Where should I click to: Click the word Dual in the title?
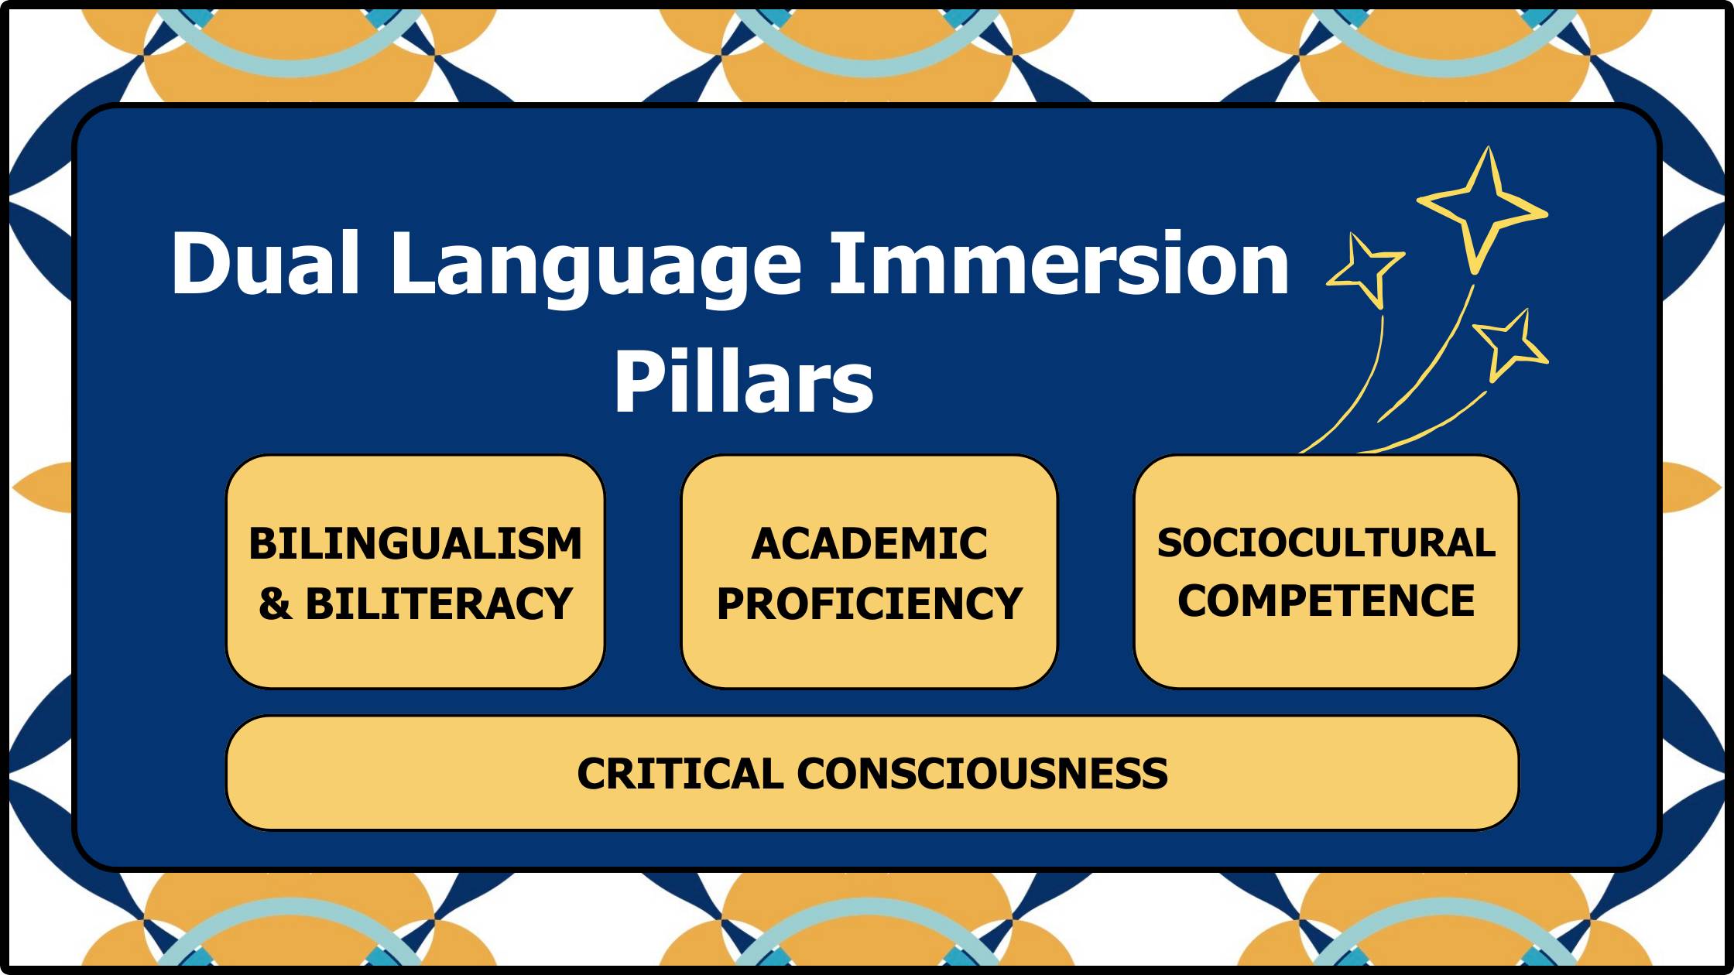pos(266,263)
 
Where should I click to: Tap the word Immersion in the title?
pos(1059,263)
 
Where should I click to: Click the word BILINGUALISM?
pos(415,543)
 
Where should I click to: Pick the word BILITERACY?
pos(439,604)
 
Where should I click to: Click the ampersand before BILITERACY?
pos(275,604)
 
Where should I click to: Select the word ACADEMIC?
pos(869,543)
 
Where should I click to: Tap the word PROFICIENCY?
pos(869,604)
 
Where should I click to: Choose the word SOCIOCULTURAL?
pos(1326,542)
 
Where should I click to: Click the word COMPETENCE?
pos(1326,600)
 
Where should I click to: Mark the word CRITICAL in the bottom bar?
pos(680,773)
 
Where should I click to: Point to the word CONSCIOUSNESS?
pos(982,773)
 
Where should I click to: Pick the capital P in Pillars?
pos(639,381)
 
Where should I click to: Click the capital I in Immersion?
pos(843,263)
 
